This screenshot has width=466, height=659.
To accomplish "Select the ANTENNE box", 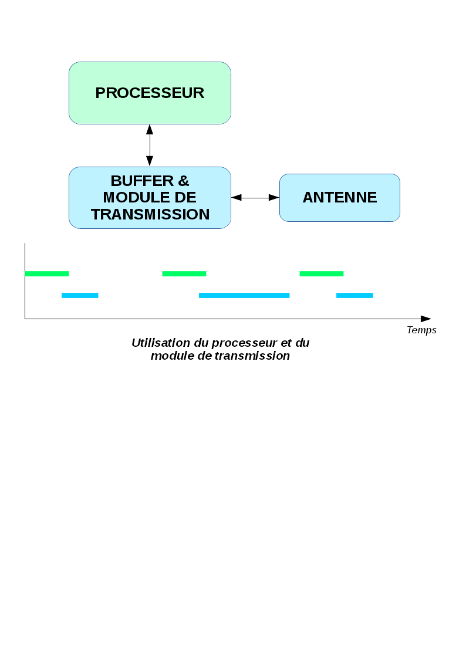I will pos(339,198).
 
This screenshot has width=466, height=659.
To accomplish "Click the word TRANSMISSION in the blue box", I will pos(150,215).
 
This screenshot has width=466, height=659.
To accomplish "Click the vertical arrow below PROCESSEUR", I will pos(150,145).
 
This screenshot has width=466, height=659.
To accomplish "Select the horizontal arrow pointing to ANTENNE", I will pos(255,198).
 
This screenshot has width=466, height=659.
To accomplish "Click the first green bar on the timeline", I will pos(47,273).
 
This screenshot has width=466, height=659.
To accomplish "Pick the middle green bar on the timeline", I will pos(184,273).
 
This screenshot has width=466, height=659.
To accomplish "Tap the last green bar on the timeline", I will pos(321,273).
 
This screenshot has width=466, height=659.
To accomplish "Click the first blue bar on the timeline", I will pos(80,295).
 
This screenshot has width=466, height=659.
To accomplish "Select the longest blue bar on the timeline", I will pos(244,295).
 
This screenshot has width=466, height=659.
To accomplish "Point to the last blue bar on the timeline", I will pos(354,295).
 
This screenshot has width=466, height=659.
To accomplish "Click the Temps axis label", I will pos(421,330).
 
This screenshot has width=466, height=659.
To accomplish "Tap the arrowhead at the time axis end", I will pos(426,319).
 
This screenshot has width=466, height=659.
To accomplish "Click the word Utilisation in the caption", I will pos(161,343).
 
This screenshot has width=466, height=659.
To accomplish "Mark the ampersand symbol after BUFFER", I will pos(183,181).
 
